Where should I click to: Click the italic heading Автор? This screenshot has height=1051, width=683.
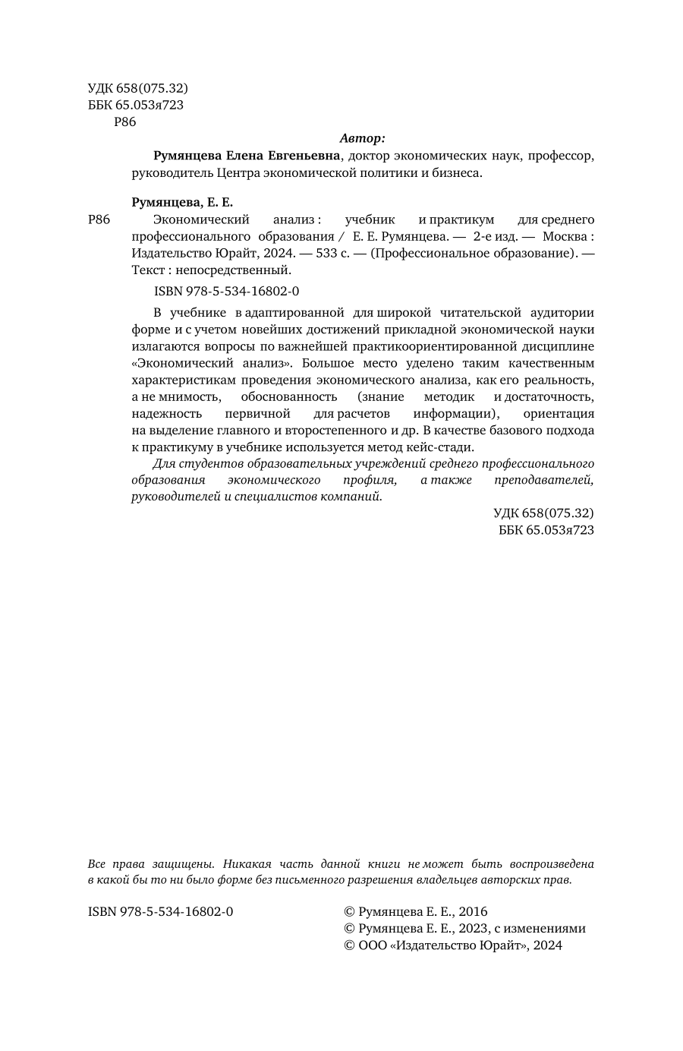click(x=362, y=138)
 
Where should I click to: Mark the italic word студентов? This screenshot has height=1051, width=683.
click(x=200, y=464)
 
